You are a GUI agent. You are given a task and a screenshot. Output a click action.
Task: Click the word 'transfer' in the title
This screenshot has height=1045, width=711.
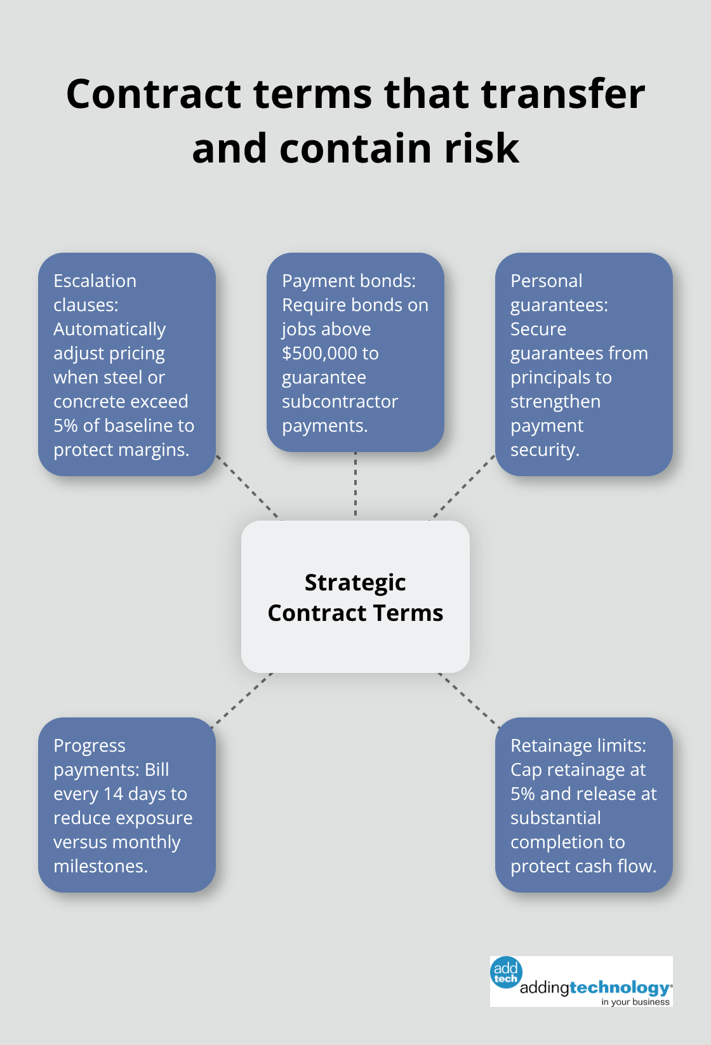[562, 94]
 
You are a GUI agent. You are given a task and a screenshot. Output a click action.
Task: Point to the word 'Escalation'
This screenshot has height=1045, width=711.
[95, 281]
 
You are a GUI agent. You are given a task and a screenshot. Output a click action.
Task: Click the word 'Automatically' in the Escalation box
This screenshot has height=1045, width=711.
[109, 329]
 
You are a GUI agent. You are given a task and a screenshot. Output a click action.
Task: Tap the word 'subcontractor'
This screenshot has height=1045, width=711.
[340, 401]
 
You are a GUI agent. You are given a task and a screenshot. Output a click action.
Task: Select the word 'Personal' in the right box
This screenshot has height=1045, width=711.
[546, 281]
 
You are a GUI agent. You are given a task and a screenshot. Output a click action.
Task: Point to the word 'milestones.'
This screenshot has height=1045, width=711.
[100, 866]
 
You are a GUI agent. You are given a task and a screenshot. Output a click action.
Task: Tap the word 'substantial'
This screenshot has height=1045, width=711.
[555, 818]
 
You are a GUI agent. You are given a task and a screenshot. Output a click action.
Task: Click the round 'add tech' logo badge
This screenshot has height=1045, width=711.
[506, 973]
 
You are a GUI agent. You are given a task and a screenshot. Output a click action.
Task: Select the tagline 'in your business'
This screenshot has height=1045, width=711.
[635, 1002]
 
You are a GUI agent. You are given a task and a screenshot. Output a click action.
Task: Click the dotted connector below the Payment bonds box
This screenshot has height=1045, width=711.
[355, 484]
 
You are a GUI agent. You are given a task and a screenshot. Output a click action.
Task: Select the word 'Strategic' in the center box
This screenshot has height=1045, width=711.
[355, 582]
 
